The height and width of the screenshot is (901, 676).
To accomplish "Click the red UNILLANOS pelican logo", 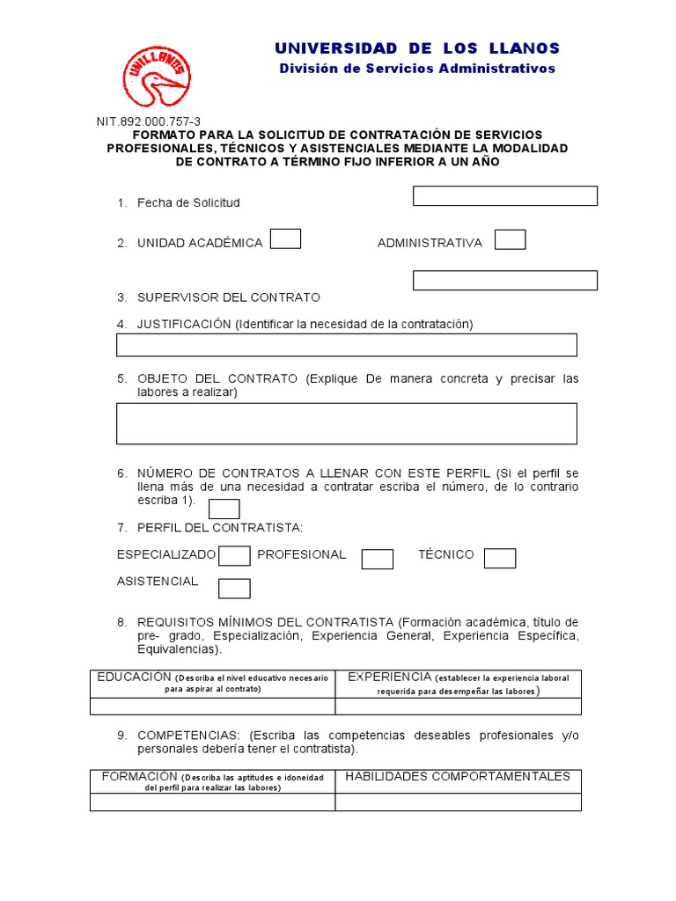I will [156, 77].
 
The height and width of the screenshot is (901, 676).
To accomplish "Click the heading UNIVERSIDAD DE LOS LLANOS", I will [416, 48].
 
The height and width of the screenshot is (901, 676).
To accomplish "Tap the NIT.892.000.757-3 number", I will [148, 122].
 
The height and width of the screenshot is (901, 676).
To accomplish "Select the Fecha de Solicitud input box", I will [504, 195].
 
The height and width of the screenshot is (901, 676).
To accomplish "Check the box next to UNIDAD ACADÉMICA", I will [285, 239].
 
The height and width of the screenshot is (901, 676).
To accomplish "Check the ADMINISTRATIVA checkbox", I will [511, 239].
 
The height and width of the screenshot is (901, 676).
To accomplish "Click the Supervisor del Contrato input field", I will [504, 280].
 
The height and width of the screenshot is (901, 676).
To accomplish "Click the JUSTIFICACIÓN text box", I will [346, 345].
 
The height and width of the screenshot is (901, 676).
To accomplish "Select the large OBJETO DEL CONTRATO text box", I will [346, 423].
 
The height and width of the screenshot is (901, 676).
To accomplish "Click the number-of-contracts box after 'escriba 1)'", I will [224, 509].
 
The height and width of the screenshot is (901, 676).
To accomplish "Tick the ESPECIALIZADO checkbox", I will [234, 555].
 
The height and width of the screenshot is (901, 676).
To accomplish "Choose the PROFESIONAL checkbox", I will [378, 559].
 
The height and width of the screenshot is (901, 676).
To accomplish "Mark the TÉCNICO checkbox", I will [500, 558].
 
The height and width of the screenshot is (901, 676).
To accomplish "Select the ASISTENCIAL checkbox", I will [234, 588].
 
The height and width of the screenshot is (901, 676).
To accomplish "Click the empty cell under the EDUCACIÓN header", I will [212, 706].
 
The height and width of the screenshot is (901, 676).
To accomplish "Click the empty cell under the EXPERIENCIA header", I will [458, 706].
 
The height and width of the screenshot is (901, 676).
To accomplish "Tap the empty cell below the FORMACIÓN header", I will [212, 802].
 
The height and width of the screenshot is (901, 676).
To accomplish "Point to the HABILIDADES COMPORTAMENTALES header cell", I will [458, 777].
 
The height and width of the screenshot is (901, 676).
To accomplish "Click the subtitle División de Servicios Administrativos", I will [416, 69].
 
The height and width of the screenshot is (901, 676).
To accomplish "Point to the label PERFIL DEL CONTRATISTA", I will [219, 527].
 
